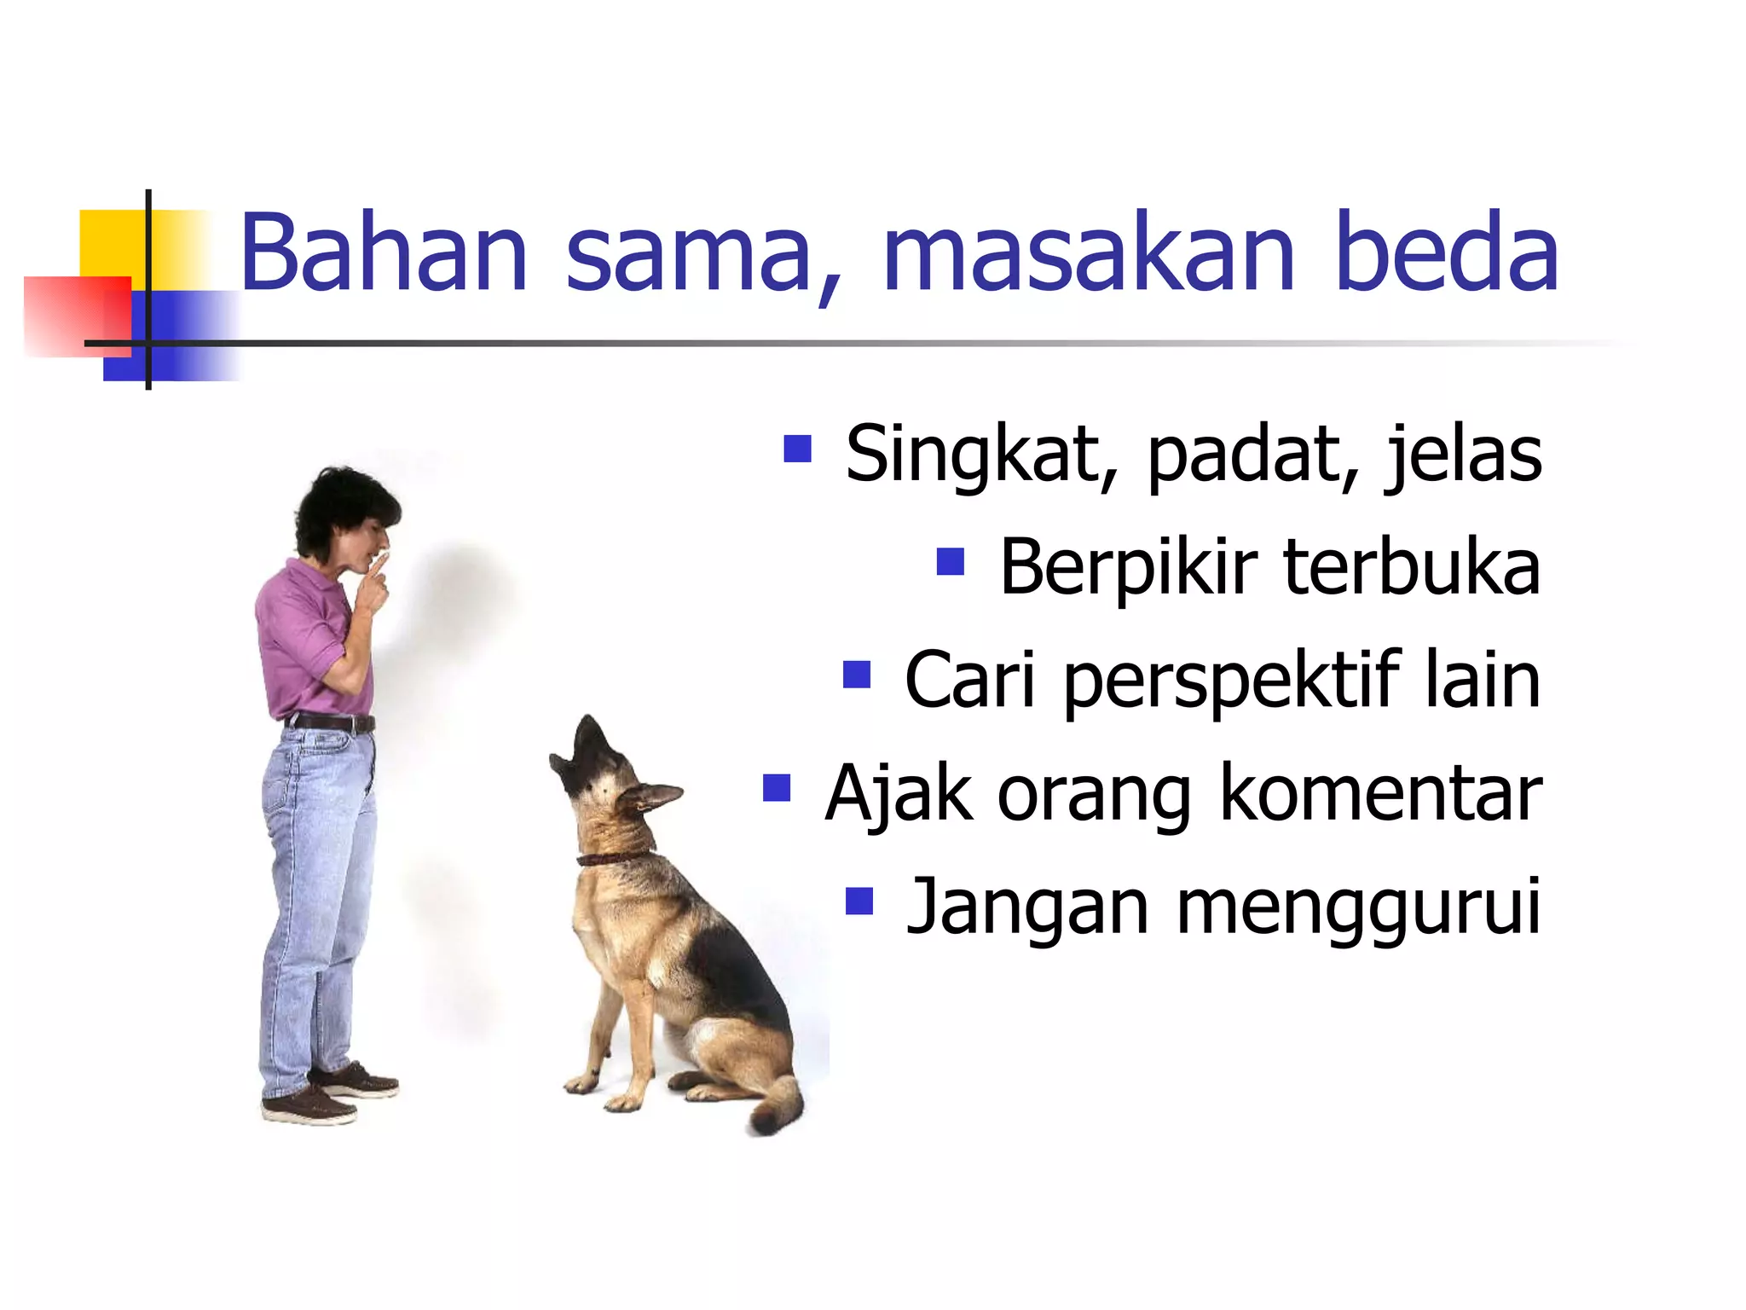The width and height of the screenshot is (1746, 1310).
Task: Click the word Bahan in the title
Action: (x=384, y=253)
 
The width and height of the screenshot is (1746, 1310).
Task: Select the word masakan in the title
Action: (x=1088, y=253)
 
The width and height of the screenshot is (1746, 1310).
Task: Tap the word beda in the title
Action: (x=1447, y=253)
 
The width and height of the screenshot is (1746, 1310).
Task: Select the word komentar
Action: (x=1380, y=794)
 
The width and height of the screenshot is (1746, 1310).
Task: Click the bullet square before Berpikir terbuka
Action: (x=950, y=561)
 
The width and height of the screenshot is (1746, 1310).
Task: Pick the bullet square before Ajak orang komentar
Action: (x=777, y=788)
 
